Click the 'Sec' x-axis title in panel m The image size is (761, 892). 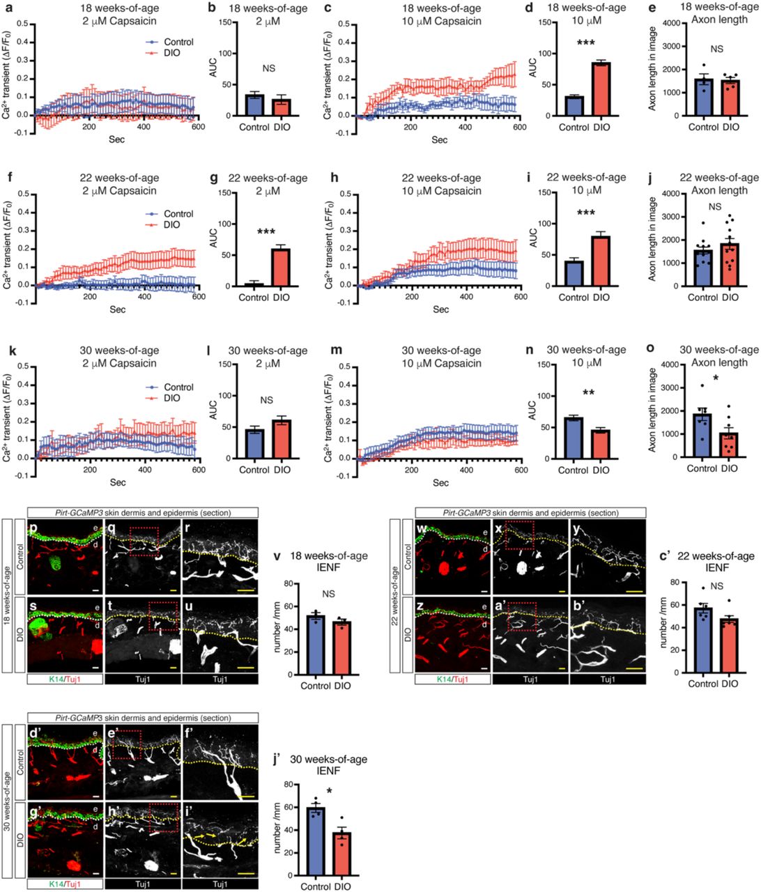(x=440, y=482)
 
